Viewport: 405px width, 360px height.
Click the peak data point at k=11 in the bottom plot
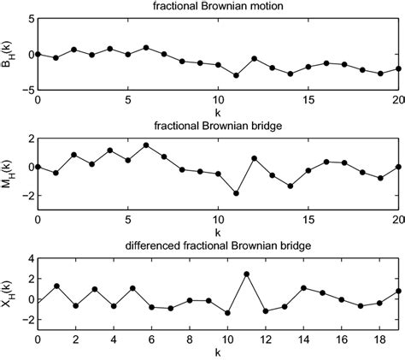click(246, 274)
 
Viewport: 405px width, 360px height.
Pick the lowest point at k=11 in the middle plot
click(236, 193)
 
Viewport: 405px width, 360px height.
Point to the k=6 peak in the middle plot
click(146, 145)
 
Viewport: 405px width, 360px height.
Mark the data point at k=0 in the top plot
click(38, 54)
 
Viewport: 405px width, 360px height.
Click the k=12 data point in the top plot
click(255, 58)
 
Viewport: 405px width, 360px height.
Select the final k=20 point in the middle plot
click(398, 167)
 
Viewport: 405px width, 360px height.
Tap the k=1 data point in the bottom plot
click(56, 286)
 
